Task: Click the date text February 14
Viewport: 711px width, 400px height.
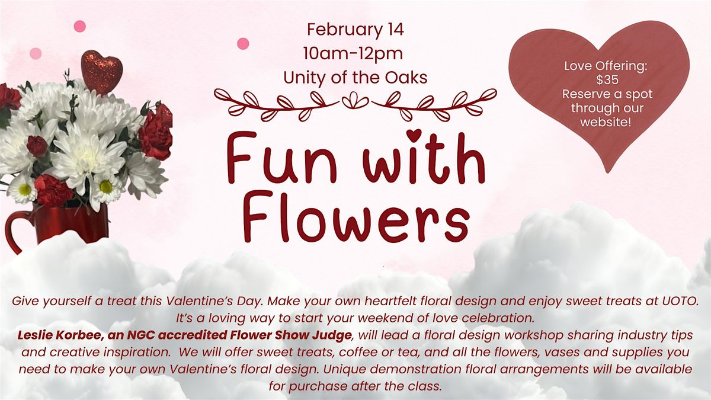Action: click(355, 30)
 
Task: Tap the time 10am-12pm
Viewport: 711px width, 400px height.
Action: click(353, 54)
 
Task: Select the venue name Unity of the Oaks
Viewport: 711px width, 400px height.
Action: click(355, 78)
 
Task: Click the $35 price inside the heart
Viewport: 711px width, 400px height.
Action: click(607, 80)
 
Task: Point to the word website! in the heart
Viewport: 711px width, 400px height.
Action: click(606, 122)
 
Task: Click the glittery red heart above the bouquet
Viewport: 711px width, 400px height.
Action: click(101, 72)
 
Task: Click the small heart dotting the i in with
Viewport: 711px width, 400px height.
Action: click(414, 135)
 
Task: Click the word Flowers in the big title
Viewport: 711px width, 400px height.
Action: click(357, 217)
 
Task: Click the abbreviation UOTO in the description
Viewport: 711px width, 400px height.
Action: click(680, 301)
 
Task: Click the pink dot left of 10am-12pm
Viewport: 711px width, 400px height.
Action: click(243, 43)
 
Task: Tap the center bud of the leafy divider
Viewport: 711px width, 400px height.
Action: click(355, 100)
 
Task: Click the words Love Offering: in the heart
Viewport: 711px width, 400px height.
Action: click(606, 66)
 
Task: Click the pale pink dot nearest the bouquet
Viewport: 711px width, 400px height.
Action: click(36, 54)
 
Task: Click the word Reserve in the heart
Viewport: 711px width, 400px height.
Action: click(584, 94)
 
